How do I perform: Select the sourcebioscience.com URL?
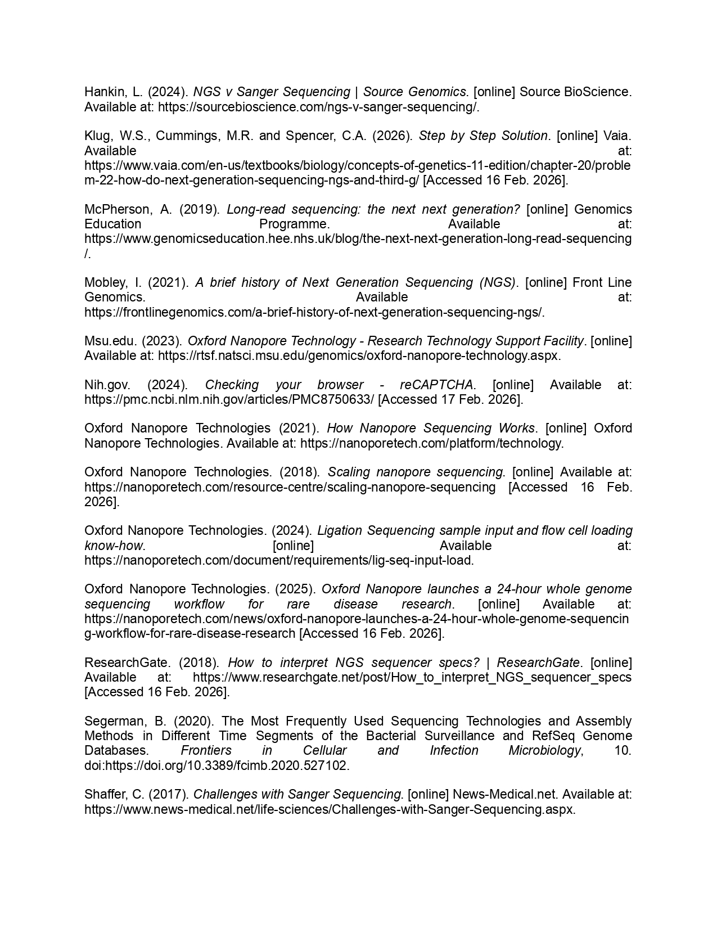click(318, 107)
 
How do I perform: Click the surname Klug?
click(97, 136)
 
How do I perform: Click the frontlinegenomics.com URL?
click(314, 312)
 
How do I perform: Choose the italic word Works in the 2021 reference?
click(516, 428)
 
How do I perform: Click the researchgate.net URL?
click(412, 677)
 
